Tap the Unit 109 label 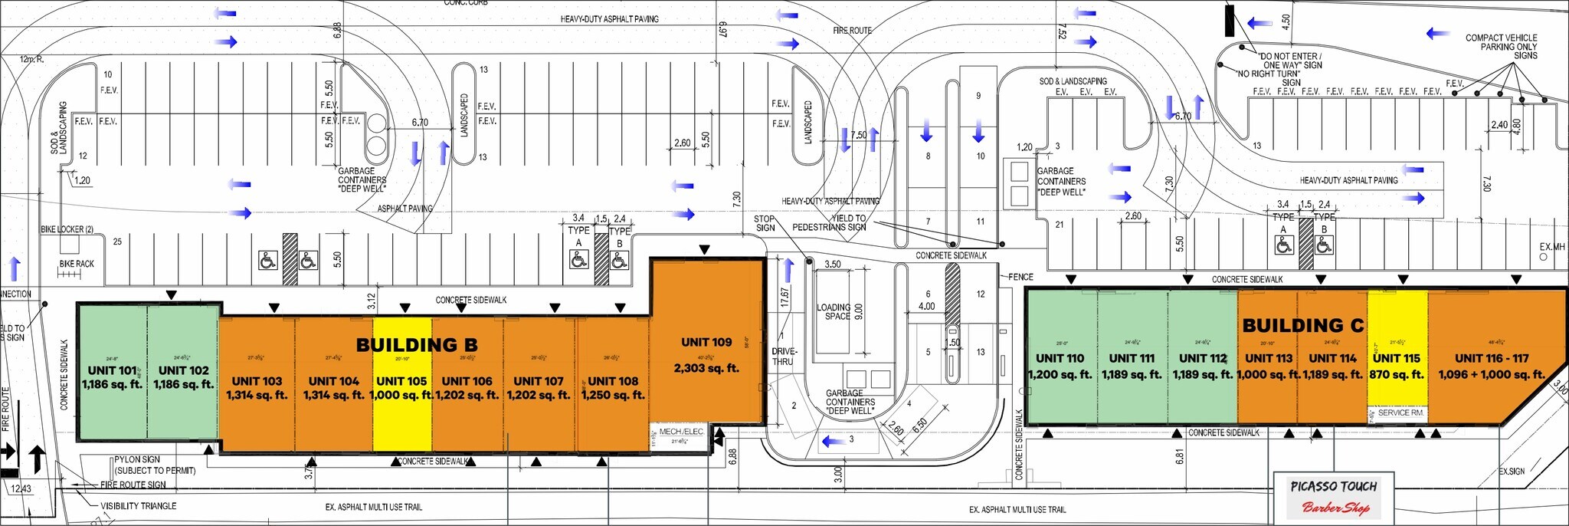pos(706,342)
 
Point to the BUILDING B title pos(417,345)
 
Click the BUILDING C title pos(1302,325)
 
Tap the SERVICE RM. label pos(1400,413)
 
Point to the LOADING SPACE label pos(834,311)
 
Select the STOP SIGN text pos(765,223)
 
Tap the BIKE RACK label pos(77,264)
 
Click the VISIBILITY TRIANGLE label pos(138,506)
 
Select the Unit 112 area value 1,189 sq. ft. pos(1202,375)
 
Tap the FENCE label pos(1020,277)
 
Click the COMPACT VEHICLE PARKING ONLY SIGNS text pos(1501,46)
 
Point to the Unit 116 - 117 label pos(1491,358)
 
